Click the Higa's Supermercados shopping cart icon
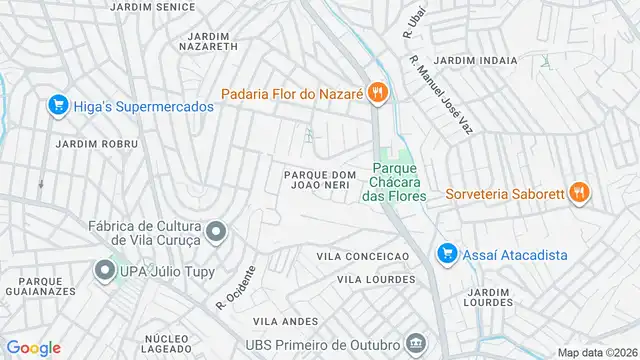pyautogui.click(x=57, y=105)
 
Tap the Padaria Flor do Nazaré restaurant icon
pyautogui.click(x=376, y=94)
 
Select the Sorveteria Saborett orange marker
pyautogui.click(x=579, y=193)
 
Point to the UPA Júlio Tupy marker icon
pyautogui.click(x=104, y=270)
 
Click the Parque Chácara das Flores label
pyautogui.click(x=394, y=183)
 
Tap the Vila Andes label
pyautogui.click(x=285, y=321)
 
